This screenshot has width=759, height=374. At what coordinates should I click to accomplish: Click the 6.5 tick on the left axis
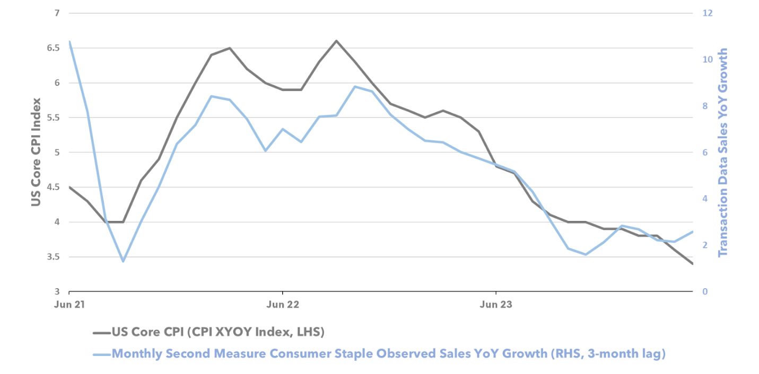pos(52,48)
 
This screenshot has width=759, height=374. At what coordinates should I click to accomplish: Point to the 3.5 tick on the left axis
pos(52,257)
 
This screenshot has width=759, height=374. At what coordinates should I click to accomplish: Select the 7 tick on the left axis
pos(56,13)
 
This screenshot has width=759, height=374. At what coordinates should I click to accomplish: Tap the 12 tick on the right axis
pos(706,13)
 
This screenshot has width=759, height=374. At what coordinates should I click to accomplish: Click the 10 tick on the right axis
pos(706,59)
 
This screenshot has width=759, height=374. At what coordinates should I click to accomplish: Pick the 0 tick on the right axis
pos(704,292)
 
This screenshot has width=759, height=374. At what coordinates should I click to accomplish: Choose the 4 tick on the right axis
pos(704,199)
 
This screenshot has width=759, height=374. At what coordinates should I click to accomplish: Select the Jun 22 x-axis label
pos(282,305)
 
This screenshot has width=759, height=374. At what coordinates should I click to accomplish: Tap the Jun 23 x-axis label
pos(496,305)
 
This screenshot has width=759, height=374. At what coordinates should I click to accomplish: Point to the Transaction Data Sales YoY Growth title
pos(722,153)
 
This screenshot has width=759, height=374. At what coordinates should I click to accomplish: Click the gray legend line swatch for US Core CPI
pos(101,333)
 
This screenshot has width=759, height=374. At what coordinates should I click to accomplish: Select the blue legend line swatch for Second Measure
pos(101,354)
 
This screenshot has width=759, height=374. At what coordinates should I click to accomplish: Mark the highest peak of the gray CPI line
pos(336,40)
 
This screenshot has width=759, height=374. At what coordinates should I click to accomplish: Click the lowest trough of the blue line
pos(123,261)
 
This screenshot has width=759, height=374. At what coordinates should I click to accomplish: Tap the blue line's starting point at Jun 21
pos(69,41)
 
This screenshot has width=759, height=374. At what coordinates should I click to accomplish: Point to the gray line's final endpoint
pos(693,264)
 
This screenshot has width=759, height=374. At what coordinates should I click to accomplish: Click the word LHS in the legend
pos(308,333)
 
